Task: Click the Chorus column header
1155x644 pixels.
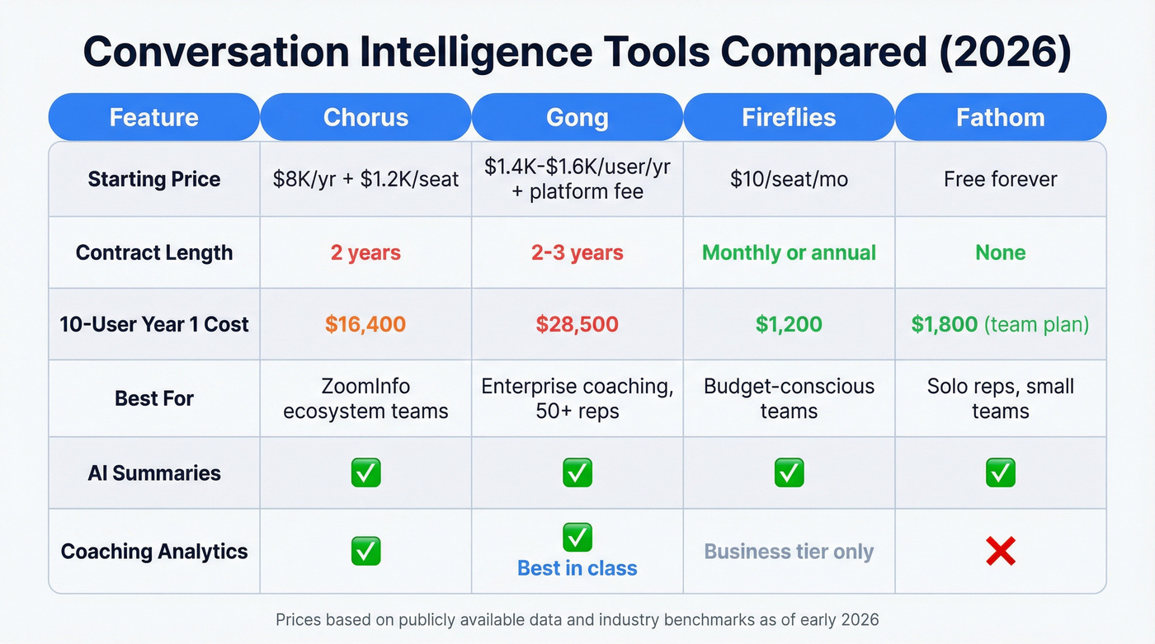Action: tap(365, 117)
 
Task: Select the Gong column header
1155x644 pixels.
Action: tap(577, 117)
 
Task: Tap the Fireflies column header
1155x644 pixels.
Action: tap(789, 117)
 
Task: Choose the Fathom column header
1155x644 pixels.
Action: tap(1000, 117)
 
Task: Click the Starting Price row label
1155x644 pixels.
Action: tap(154, 180)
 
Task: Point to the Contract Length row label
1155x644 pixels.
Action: tap(154, 252)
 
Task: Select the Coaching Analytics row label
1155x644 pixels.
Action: tap(154, 552)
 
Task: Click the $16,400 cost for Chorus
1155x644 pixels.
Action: tap(365, 324)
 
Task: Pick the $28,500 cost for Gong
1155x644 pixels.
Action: tap(577, 324)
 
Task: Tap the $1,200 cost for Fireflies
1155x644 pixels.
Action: tap(789, 324)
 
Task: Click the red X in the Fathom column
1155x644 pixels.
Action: tap(1000, 552)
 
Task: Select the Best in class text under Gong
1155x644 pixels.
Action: tap(577, 568)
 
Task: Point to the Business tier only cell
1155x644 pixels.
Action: tap(789, 552)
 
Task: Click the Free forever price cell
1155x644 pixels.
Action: tap(1000, 180)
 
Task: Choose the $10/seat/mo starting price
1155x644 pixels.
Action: tap(789, 180)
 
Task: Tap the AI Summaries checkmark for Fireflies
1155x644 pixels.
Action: tap(789, 473)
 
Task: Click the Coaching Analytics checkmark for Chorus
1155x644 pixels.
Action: tap(365, 551)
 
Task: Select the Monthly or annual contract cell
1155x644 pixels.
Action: tap(789, 252)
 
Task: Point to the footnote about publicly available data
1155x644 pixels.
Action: tap(577, 619)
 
